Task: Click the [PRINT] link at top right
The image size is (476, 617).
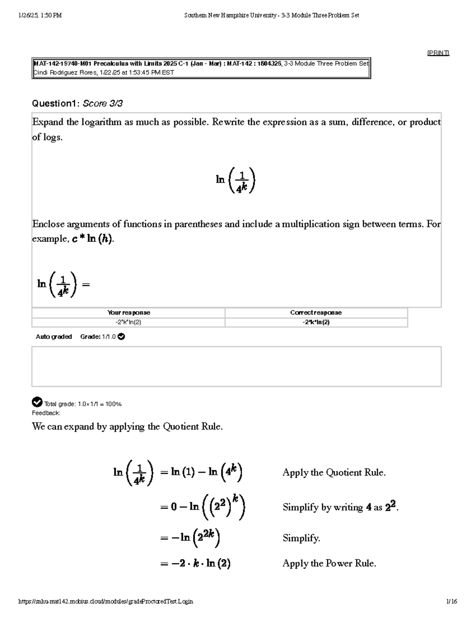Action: pyautogui.click(x=438, y=53)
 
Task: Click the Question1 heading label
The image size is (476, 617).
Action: pyautogui.click(x=56, y=104)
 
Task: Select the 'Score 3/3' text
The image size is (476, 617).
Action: pyautogui.click(x=103, y=104)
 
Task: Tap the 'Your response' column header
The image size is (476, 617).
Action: pyautogui.click(x=129, y=313)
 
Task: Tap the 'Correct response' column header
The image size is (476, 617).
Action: pyautogui.click(x=316, y=313)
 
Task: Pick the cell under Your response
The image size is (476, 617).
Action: pyautogui.click(x=129, y=322)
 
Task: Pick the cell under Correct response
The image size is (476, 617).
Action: pyautogui.click(x=316, y=322)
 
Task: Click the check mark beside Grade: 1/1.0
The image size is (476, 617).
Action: pyautogui.click(x=122, y=337)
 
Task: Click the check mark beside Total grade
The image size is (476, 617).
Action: pyautogui.click(x=37, y=402)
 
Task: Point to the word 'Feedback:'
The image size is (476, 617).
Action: pyautogui.click(x=46, y=413)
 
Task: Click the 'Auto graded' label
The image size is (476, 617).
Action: pyautogui.click(x=54, y=337)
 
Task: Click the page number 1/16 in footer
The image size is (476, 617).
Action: pyautogui.click(x=451, y=602)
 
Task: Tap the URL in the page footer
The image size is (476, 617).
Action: pyautogui.click(x=106, y=602)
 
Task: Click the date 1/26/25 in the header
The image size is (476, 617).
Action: pyautogui.click(x=29, y=15)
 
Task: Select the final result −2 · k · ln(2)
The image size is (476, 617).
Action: pyautogui.click(x=196, y=563)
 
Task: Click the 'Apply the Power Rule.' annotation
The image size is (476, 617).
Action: pyautogui.click(x=329, y=563)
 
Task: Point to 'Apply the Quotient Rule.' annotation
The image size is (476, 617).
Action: pyautogui.click(x=334, y=472)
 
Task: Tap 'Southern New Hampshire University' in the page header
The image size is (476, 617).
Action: pyautogui.click(x=230, y=15)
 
